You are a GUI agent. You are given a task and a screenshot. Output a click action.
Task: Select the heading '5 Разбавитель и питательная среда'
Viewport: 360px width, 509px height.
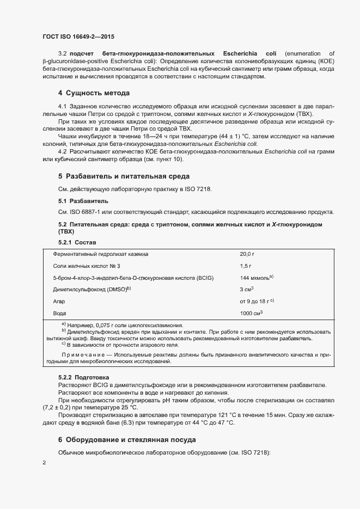pyautogui.click(x=124, y=176)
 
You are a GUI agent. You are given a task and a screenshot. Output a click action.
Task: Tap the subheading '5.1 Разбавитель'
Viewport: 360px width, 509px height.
pyautogui.click(x=80, y=201)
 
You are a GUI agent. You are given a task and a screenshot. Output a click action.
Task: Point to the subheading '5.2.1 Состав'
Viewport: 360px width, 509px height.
pyautogui.click(x=77, y=242)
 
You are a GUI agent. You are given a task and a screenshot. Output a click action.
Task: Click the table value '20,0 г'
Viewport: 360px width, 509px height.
pyautogui.click(x=248, y=254)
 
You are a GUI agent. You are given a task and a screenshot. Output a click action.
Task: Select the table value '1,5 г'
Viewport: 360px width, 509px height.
pyautogui.click(x=246, y=266)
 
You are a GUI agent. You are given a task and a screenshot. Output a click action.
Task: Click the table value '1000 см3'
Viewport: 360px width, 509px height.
pyautogui.click(x=251, y=314)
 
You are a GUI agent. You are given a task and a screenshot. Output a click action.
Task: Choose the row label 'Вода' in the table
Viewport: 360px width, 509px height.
pyautogui.click(x=60, y=314)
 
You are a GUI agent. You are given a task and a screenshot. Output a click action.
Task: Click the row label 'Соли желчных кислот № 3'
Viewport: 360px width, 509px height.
pyautogui.click(x=83, y=266)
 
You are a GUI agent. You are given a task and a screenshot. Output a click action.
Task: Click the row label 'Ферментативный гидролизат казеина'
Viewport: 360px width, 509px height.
pyautogui.click(x=101, y=254)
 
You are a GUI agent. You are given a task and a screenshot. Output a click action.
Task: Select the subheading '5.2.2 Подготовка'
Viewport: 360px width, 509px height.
pyautogui.click(x=83, y=377)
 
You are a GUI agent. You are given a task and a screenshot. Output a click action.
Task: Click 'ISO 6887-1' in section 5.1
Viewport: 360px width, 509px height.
pyautogui.click(x=83, y=212)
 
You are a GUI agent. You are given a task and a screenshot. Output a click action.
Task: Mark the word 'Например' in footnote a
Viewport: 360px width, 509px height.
pyautogui.click(x=80, y=325)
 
